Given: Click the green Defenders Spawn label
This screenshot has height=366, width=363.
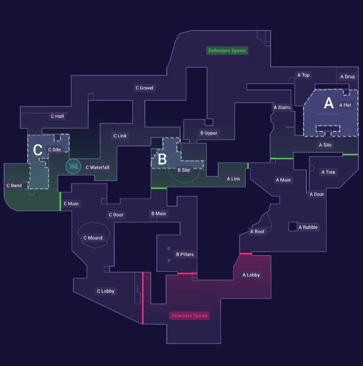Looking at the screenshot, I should [227, 51].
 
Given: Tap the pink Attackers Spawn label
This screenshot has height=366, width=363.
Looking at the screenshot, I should [189, 316].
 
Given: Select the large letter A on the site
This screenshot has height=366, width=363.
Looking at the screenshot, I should [328, 103].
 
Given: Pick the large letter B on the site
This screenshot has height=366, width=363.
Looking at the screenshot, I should [162, 158].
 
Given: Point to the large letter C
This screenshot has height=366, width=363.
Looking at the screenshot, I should [38, 150].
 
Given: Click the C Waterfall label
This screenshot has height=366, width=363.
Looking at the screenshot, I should [97, 167].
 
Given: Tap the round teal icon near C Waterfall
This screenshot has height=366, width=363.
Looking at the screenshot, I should [73, 167].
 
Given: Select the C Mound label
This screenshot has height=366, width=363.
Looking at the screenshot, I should [92, 238].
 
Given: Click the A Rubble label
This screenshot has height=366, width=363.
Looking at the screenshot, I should [308, 227].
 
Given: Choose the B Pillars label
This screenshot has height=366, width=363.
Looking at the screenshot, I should [185, 255].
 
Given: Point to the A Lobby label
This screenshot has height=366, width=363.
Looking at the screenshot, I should [251, 275].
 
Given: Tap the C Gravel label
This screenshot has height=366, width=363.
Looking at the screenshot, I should [144, 88].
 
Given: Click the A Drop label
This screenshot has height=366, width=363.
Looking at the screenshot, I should [347, 77].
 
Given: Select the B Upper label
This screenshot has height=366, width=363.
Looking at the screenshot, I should [209, 133].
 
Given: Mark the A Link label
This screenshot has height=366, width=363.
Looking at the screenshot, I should [233, 179].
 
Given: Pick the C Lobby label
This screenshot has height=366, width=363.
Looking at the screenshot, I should [106, 292].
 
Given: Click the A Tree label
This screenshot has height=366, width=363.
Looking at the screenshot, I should [328, 172].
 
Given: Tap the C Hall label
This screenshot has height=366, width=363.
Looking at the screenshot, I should [57, 116].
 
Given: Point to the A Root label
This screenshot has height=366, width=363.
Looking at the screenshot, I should [257, 231].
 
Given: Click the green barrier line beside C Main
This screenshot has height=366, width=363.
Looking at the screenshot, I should [60, 201].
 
